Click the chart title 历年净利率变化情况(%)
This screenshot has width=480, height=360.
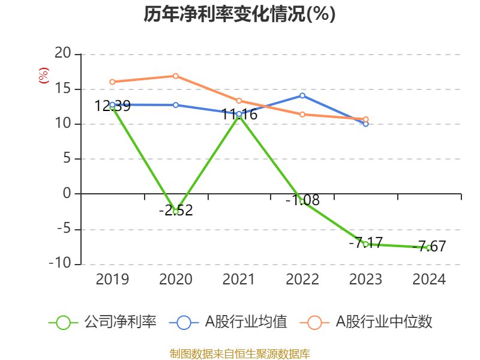[x=239, y=14]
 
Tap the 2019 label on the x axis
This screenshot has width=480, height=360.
[x=112, y=280]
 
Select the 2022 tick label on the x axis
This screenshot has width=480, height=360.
[x=302, y=280]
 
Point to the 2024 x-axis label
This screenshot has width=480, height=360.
[x=429, y=280]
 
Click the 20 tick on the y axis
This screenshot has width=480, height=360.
[x=62, y=54]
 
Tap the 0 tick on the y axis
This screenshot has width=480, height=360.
[x=67, y=194]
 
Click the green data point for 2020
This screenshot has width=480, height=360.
[x=176, y=212]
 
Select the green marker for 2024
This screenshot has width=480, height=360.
[x=429, y=248]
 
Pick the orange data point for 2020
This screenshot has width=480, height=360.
[x=176, y=76]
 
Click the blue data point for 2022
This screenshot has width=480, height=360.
[x=302, y=95]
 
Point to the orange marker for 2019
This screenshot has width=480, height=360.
[x=112, y=82]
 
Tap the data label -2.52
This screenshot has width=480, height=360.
[x=176, y=211]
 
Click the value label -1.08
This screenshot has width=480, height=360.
[x=302, y=200]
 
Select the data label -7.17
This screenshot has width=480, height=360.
[x=365, y=243]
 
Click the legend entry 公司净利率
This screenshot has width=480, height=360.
[x=103, y=322]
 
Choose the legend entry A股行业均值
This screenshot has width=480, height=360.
[x=229, y=322]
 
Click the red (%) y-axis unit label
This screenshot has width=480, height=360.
[x=43, y=76]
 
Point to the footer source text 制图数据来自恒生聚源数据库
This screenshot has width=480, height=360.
[x=239, y=353]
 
